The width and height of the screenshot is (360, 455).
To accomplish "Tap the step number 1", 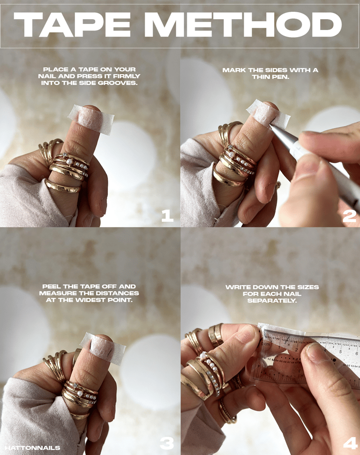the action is pos(167,216).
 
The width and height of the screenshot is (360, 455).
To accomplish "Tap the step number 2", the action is pos(349,216).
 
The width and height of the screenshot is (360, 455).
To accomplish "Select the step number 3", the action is pos(167,443).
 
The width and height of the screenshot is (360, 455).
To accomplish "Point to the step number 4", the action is pos(351,443).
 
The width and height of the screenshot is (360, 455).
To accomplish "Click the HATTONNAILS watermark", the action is pos(32,448).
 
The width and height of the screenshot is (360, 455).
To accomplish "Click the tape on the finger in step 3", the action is pos(103,349).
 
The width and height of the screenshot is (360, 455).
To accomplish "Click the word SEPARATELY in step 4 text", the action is pos(272,301).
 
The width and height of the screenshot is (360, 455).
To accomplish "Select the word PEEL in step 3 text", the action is pos(52,287).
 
